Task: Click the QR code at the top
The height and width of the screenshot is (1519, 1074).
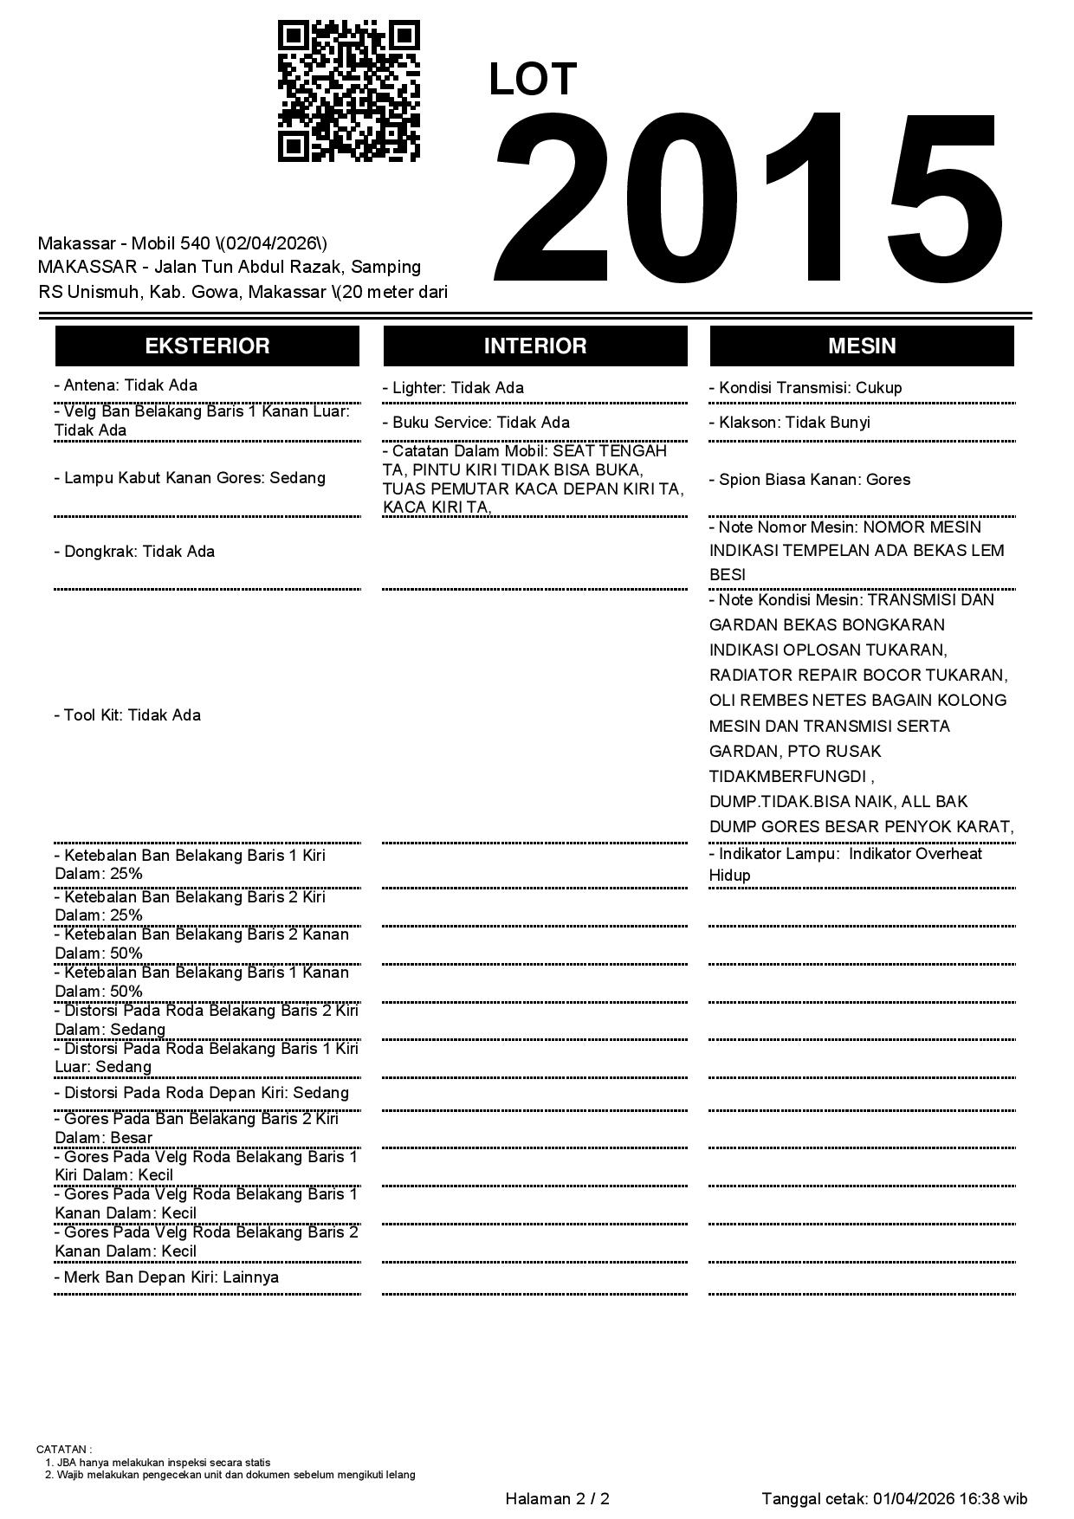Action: [x=348, y=91]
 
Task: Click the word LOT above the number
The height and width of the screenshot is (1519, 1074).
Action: [x=532, y=80]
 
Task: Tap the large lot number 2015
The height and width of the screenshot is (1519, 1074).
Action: [x=749, y=199]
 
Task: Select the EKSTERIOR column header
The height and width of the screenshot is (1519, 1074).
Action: [x=207, y=346]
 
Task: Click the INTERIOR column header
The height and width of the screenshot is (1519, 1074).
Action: [x=534, y=346]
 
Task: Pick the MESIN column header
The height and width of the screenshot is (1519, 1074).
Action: [x=862, y=346]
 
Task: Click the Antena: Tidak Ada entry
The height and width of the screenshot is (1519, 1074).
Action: [x=126, y=385]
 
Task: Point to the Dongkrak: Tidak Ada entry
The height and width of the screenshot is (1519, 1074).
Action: [x=134, y=552]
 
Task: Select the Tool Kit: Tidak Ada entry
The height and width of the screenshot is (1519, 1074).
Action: [x=127, y=715]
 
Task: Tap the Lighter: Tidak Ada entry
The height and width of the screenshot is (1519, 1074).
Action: [x=453, y=388]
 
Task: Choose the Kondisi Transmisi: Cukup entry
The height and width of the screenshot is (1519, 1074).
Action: [x=805, y=388]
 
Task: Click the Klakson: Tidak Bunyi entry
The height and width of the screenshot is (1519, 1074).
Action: [x=790, y=423]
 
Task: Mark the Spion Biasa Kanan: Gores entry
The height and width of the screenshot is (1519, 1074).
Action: [x=810, y=480]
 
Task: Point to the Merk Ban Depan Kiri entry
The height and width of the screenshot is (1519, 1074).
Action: [x=166, y=1277]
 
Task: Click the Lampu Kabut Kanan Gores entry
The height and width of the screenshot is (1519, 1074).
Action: [x=190, y=478]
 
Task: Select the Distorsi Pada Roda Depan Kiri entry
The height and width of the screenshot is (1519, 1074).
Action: [x=202, y=1093]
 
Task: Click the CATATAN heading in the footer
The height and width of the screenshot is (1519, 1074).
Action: [x=64, y=1449]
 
